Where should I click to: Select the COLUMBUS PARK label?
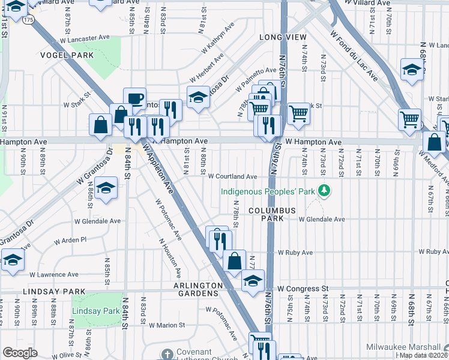point(273,215)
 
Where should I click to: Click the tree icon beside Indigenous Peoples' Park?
point(325,190)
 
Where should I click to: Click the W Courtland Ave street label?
point(233,176)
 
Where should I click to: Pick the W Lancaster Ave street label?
point(85,38)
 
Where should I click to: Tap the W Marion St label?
point(166,325)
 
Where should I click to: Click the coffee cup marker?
point(134,98)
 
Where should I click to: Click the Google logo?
point(20,352)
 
